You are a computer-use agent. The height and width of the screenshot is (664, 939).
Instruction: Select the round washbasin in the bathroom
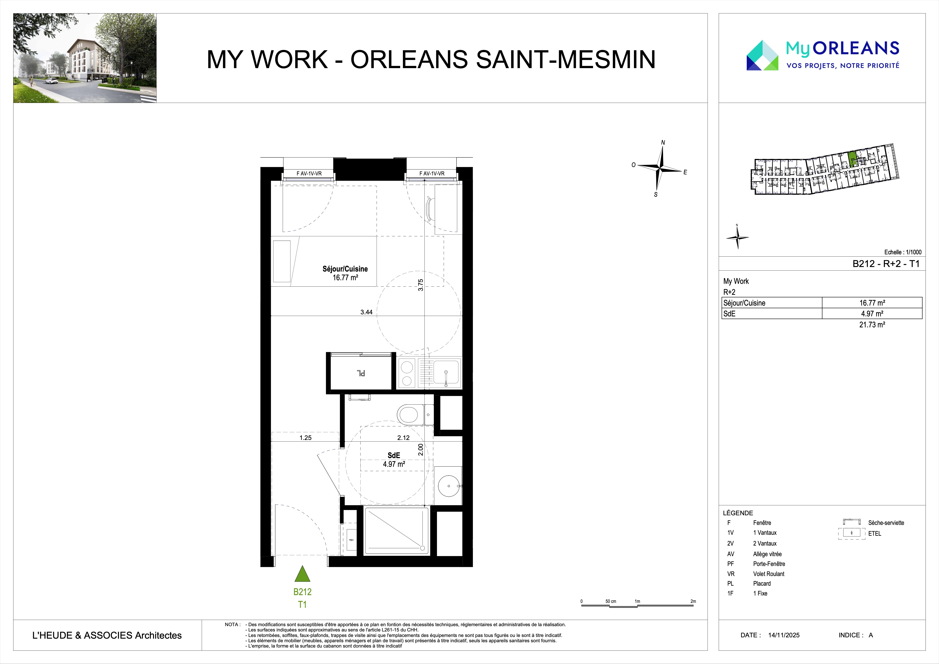[449, 486]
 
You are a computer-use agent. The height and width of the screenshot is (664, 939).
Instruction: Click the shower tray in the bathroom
[396, 531]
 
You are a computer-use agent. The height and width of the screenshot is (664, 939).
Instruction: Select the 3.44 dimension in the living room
[366, 312]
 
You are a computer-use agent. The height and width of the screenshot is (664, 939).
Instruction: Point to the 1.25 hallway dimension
[305, 437]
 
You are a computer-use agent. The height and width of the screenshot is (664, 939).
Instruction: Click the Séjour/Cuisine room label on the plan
[345, 269]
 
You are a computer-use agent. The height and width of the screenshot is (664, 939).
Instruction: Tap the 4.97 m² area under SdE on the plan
[394, 464]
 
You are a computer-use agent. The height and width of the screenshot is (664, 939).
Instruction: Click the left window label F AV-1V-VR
[309, 173]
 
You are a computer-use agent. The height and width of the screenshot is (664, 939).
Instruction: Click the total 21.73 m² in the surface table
[872, 325]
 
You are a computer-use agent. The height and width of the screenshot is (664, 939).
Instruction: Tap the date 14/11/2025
[784, 635]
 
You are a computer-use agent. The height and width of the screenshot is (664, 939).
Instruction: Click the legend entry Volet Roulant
[769, 574]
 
